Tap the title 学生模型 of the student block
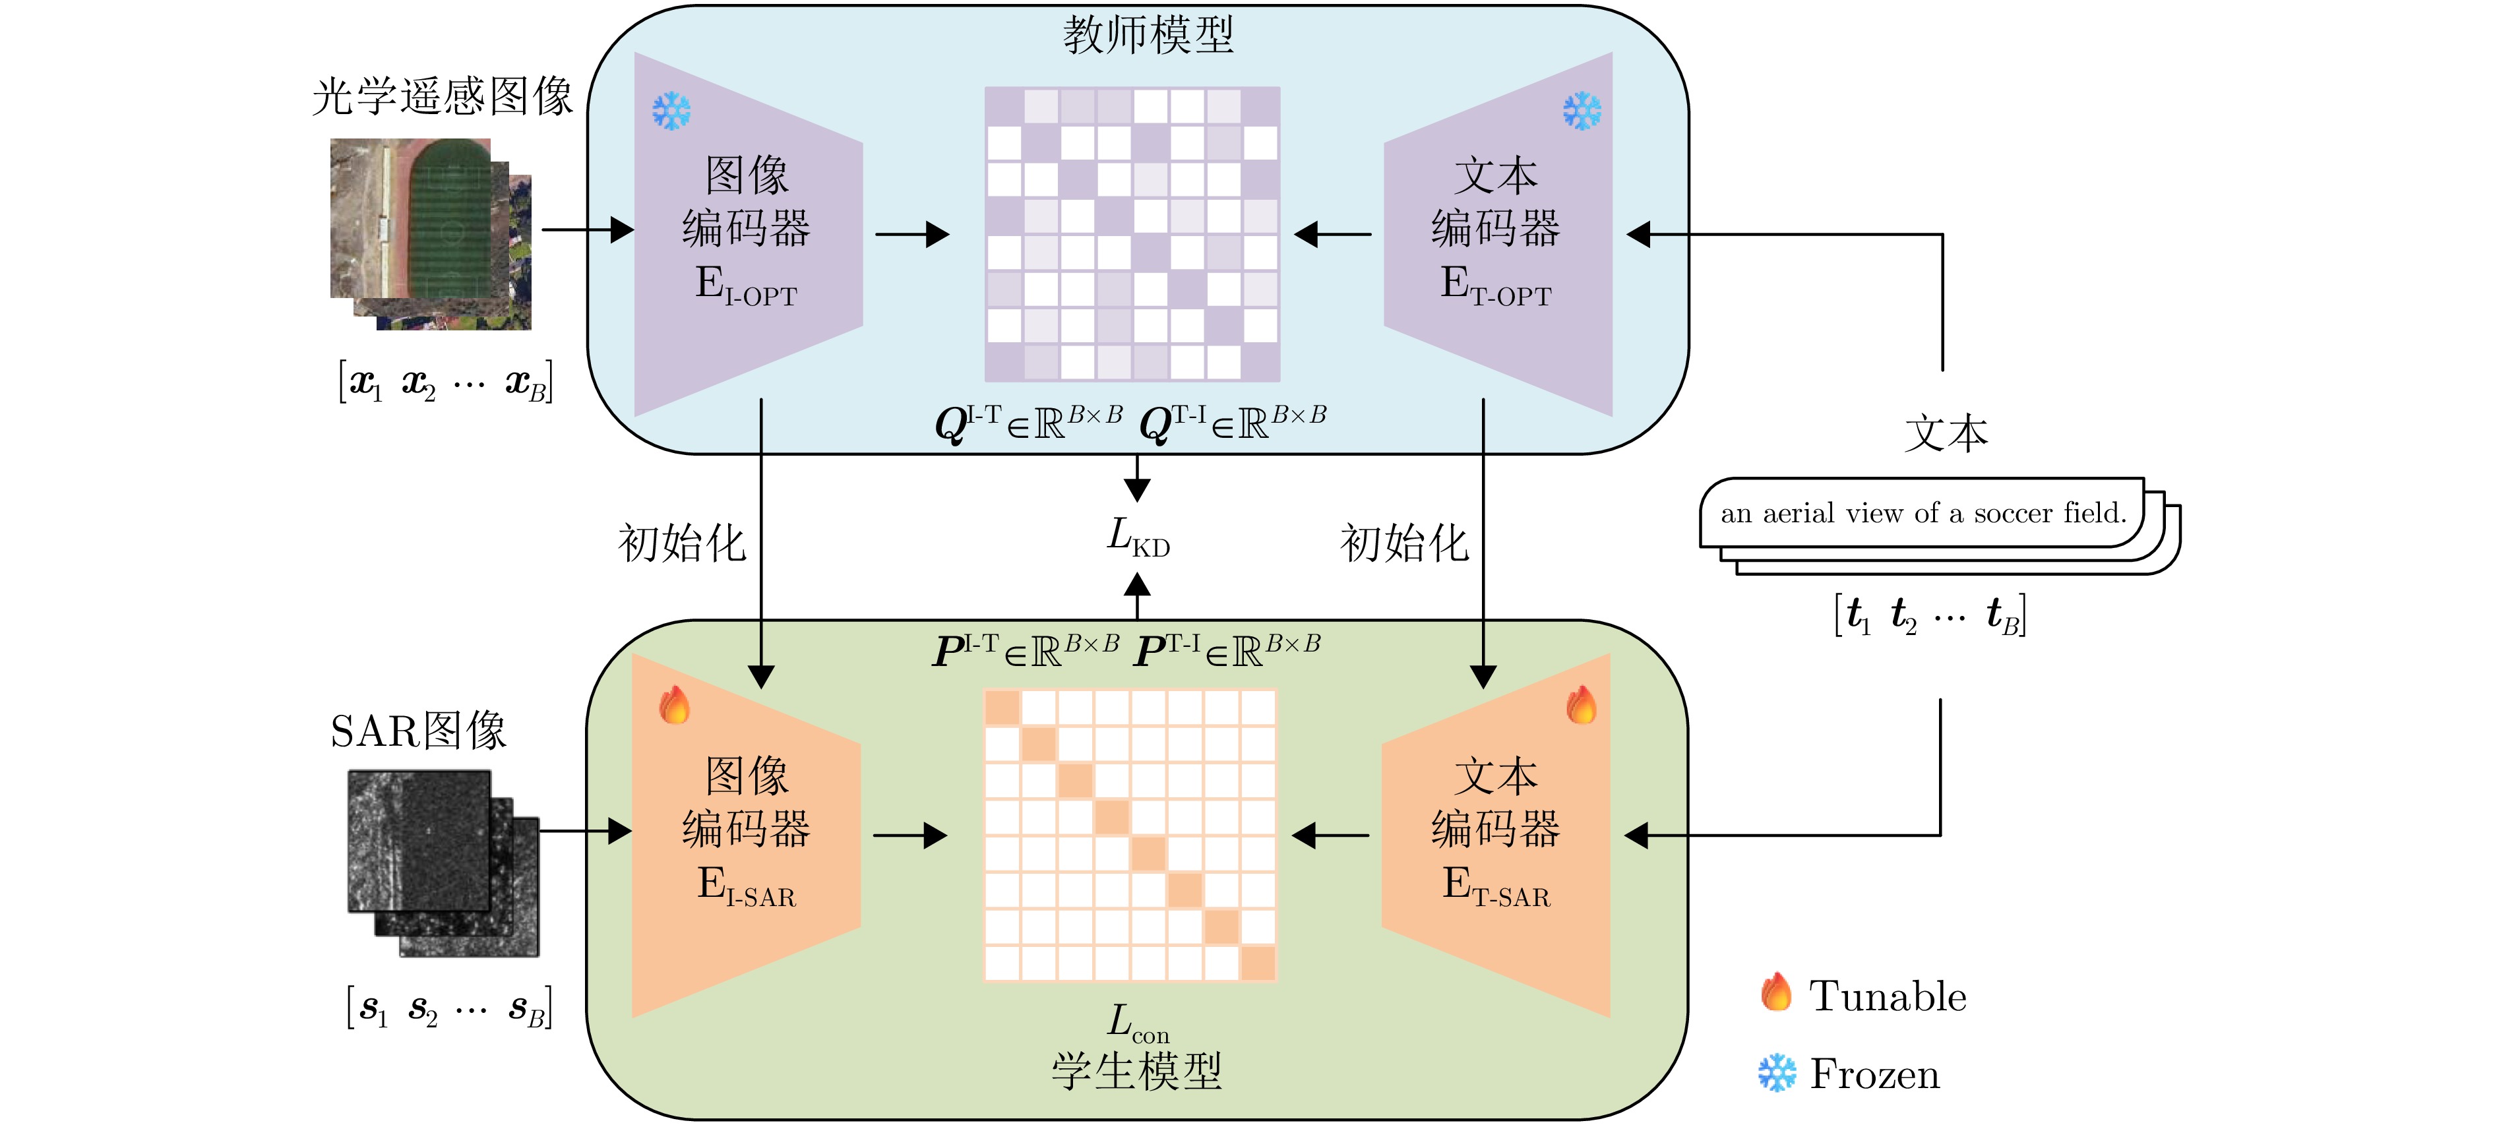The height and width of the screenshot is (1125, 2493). pos(1137,1072)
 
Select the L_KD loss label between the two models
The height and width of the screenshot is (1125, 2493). pos(1138,537)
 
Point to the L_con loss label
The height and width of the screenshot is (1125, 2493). pos(1138,1023)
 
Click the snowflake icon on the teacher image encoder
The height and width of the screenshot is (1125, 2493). pos(671,111)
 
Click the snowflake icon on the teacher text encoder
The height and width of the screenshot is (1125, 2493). pos(1582,111)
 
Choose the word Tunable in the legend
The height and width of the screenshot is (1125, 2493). pos(1887,996)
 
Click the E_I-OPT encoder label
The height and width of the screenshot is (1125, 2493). pos(746,286)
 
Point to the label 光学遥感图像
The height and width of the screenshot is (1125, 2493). pos(443,97)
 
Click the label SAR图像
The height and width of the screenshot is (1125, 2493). pos(418,731)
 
